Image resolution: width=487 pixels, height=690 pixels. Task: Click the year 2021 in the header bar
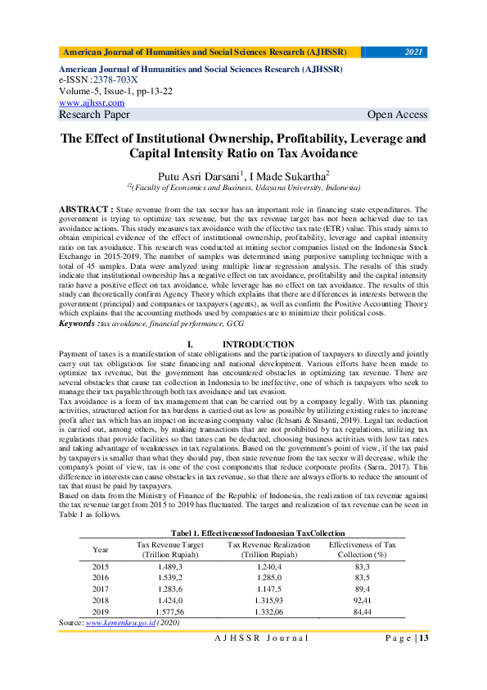tap(413, 52)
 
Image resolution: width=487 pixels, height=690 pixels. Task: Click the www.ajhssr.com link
tap(92, 102)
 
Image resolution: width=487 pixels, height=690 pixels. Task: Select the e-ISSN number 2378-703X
tap(115, 80)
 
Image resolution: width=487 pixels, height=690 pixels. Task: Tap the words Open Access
tap(398, 115)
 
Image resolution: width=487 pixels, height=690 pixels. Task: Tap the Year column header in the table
tap(101, 548)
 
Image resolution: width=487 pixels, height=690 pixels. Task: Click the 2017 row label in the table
tap(101, 588)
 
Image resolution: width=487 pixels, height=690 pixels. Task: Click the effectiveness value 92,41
tap(362, 600)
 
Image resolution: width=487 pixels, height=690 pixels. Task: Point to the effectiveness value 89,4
tap(362, 588)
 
